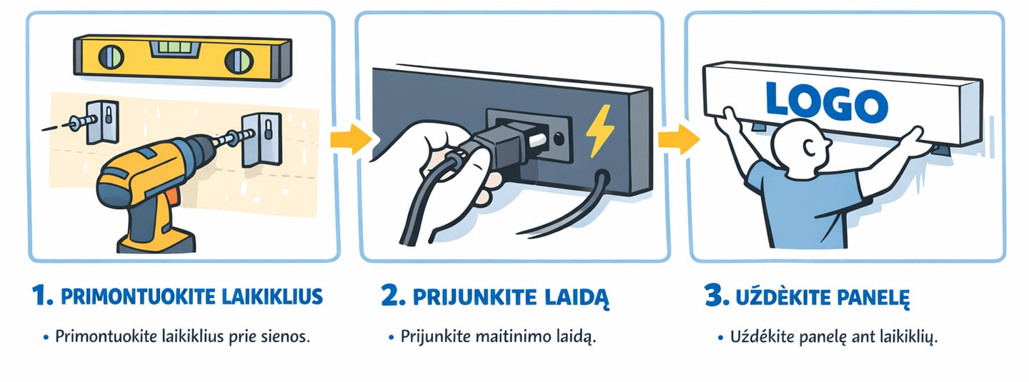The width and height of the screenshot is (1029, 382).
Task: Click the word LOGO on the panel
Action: [x=825, y=101]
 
